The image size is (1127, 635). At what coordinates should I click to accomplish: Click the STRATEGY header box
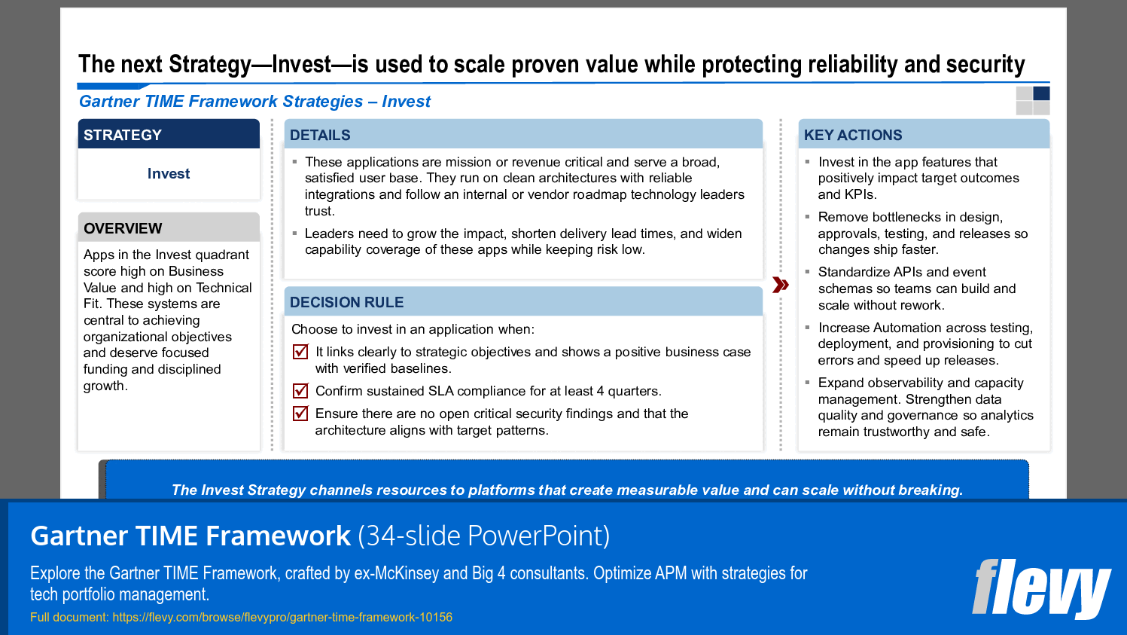(x=169, y=135)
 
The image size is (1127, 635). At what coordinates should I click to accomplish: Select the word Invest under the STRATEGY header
(x=169, y=174)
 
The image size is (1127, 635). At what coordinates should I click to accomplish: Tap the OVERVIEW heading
(x=123, y=228)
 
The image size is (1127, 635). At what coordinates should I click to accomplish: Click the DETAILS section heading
(x=320, y=135)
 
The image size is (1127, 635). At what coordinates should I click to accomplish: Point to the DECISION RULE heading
(x=346, y=302)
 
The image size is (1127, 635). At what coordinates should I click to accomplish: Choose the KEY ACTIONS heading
(x=852, y=135)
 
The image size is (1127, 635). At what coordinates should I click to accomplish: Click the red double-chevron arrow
(x=781, y=285)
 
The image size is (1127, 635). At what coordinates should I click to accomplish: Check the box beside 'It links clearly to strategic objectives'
(x=300, y=352)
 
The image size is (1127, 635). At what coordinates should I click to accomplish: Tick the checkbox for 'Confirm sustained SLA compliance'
(x=300, y=391)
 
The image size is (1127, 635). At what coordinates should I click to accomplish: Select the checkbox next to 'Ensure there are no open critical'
(x=300, y=414)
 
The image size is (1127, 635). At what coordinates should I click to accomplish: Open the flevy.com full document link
(x=282, y=617)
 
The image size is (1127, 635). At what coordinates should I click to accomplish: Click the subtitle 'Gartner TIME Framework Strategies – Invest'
(x=254, y=102)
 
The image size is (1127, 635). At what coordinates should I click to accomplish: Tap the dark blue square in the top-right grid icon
(x=1041, y=93)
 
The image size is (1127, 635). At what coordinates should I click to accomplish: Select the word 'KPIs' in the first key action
(x=860, y=194)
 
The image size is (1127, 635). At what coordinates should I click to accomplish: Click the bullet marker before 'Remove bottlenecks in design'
(x=807, y=217)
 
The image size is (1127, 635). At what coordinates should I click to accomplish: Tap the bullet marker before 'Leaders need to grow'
(x=294, y=234)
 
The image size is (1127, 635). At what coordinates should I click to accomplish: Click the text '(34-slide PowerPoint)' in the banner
(x=483, y=536)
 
